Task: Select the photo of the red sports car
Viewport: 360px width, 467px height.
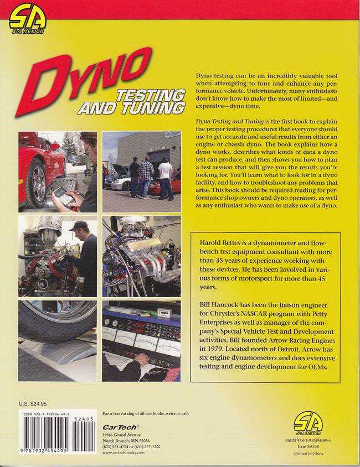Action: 57,171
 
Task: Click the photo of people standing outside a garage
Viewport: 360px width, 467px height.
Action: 141,171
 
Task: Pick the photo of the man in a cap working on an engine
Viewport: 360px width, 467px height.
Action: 57,256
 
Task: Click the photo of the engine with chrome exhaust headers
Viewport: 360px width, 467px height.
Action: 141,256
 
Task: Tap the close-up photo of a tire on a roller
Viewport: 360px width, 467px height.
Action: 57,340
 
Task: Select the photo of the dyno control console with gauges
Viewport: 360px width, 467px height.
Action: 141,340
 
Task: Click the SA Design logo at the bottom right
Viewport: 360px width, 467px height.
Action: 308,424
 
